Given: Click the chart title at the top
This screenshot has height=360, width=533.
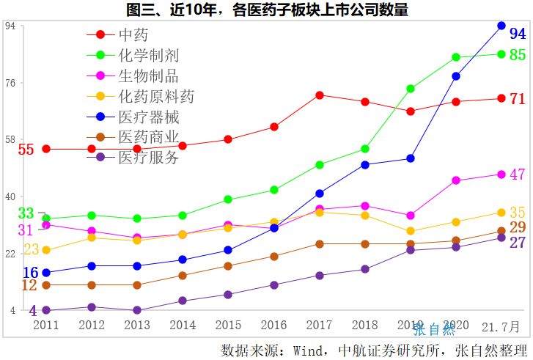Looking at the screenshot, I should coord(267,10).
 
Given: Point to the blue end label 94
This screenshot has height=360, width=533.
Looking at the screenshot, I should coord(518,34).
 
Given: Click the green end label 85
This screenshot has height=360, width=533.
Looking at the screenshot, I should coord(518,55).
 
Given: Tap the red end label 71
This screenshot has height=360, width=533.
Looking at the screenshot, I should coord(518,99).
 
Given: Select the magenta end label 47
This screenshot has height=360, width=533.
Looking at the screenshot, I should coord(518,175).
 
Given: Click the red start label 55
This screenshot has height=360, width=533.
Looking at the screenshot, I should coord(26,150).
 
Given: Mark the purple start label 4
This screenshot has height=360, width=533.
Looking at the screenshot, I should coord(33,311).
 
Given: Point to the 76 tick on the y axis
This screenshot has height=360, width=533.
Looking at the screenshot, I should coord(10,83).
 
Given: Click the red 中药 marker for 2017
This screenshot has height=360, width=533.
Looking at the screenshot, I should coord(320,95).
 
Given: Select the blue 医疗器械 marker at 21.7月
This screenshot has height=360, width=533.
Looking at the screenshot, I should coord(501,26).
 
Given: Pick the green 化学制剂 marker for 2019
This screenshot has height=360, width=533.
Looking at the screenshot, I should coord(411,89).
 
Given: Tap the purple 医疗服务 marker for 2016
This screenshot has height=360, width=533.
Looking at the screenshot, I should coord(274,285).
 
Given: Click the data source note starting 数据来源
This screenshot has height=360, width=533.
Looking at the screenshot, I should coord(374,349).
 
